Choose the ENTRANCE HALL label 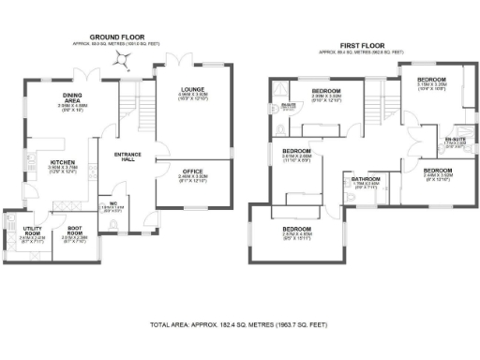pyautogui.click(x=127, y=157)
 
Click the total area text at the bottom pyautogui.click(x=240, y=324)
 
